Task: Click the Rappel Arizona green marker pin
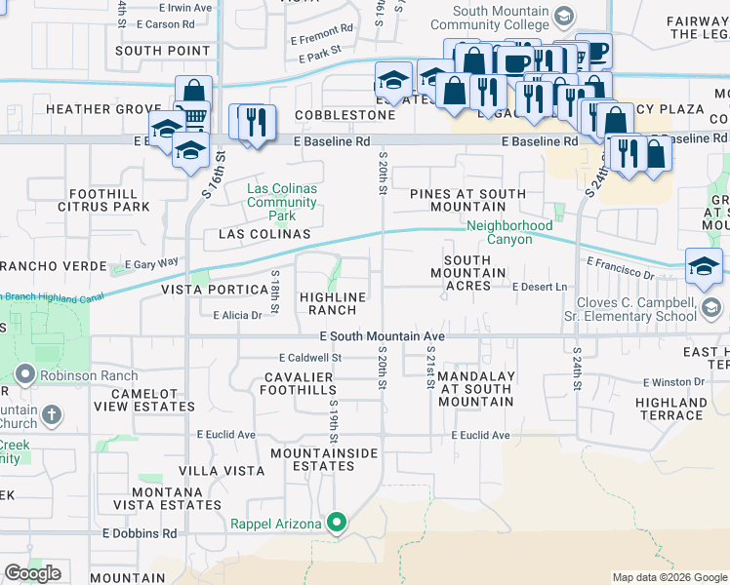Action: [337, 524]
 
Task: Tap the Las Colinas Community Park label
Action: [282, 202]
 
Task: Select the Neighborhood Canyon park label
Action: [499, 232]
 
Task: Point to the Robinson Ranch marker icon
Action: [24, 373]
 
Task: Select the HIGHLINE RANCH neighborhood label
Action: [333, 303]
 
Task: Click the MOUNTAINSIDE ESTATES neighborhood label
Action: [312, 459]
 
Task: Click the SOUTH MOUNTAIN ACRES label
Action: [474, 272]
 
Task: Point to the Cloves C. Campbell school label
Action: [630, 309]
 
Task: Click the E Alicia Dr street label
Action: [237, 315]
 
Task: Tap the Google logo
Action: [33, 573]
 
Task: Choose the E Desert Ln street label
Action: [540, 287]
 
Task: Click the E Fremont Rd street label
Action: [321, 40]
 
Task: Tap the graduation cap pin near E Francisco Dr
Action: [704, 267]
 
